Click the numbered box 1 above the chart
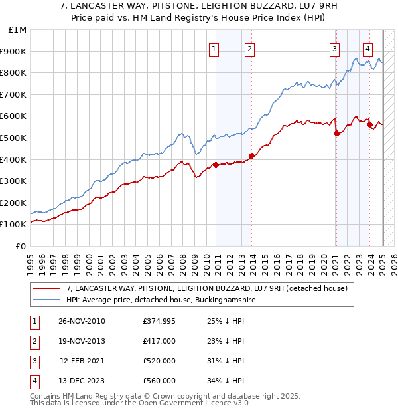[215, 48]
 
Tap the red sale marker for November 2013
[251, 156]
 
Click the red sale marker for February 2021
[336, 134]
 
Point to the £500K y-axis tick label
[14, 138]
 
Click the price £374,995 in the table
[159, 322]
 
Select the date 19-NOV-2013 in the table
[82, 341]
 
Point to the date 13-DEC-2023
[82, 381]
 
